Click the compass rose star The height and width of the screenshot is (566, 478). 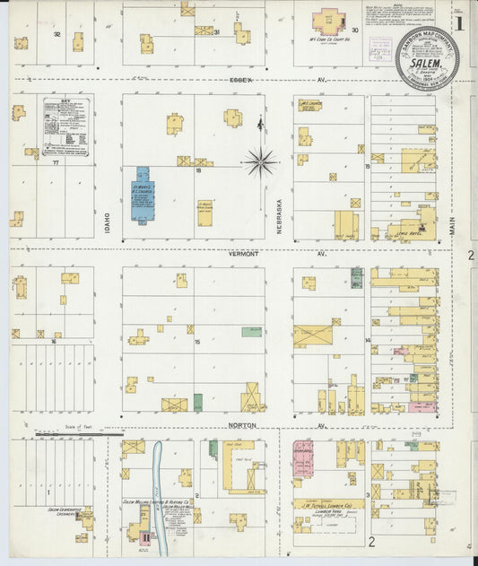(x=260, y=162)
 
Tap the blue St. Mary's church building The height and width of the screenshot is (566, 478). (x=143, y=194)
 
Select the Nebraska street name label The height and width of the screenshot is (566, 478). (x=279, y=216)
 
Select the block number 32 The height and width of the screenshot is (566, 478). (x=56, y=34)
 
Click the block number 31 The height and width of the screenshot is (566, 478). (x=218, y=31)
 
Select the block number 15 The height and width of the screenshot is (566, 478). (x=198, y=342)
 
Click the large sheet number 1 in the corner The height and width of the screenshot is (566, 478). (x=460, y=22)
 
